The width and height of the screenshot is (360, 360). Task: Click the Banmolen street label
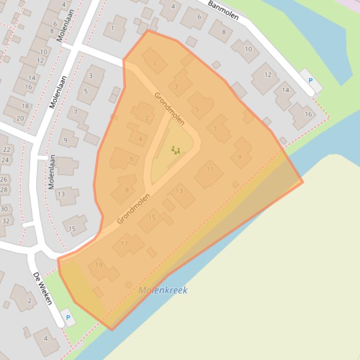click(x=223, y=10)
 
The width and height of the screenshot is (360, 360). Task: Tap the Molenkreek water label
click(x=163, y=290)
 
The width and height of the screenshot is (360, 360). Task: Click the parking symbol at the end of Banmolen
click(x=310, y=80)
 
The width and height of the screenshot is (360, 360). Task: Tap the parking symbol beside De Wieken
click(x=68, y=317)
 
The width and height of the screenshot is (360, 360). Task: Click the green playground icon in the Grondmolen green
click(x=176, y=150)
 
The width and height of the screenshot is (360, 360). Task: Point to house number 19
click(x=98, y=265)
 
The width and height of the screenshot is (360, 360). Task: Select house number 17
click(x=125, y=244)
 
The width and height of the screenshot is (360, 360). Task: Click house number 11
click(x=210, y=169)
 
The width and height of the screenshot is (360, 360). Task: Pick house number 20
click(x=20, y=118)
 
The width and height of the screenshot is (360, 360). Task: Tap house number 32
click(x=6, y=221)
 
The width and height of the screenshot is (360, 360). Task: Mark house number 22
click(x=7, y=150)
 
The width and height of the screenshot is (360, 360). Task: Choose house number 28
click(x=4, y=189)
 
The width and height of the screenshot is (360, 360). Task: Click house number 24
click(x=5, y=160)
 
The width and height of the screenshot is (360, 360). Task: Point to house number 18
click(x=25, y=106)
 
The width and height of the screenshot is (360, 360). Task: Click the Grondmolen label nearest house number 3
click(x=169, y=108)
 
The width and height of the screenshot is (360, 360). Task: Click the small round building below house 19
click(x=129, y=285)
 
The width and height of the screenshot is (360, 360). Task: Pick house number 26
click(x=4, y=180)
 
